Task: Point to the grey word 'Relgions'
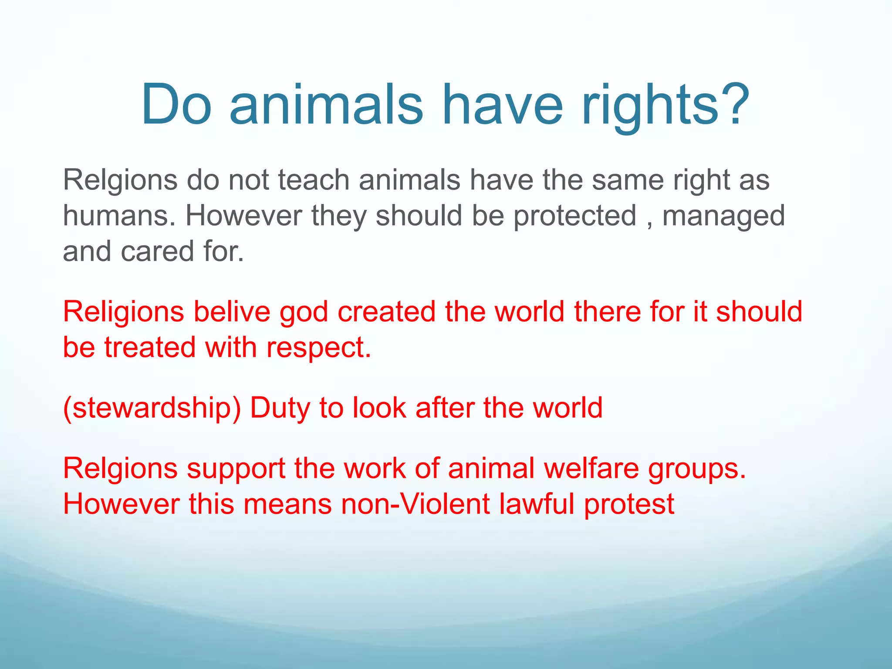point(120,180)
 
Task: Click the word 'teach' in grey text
point(314,180)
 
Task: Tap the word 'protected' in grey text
point(575,216)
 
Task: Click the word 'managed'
point(723,216)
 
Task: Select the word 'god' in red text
point(304,312)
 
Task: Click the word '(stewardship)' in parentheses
point(152,408)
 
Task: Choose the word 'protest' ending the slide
point(629,504)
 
